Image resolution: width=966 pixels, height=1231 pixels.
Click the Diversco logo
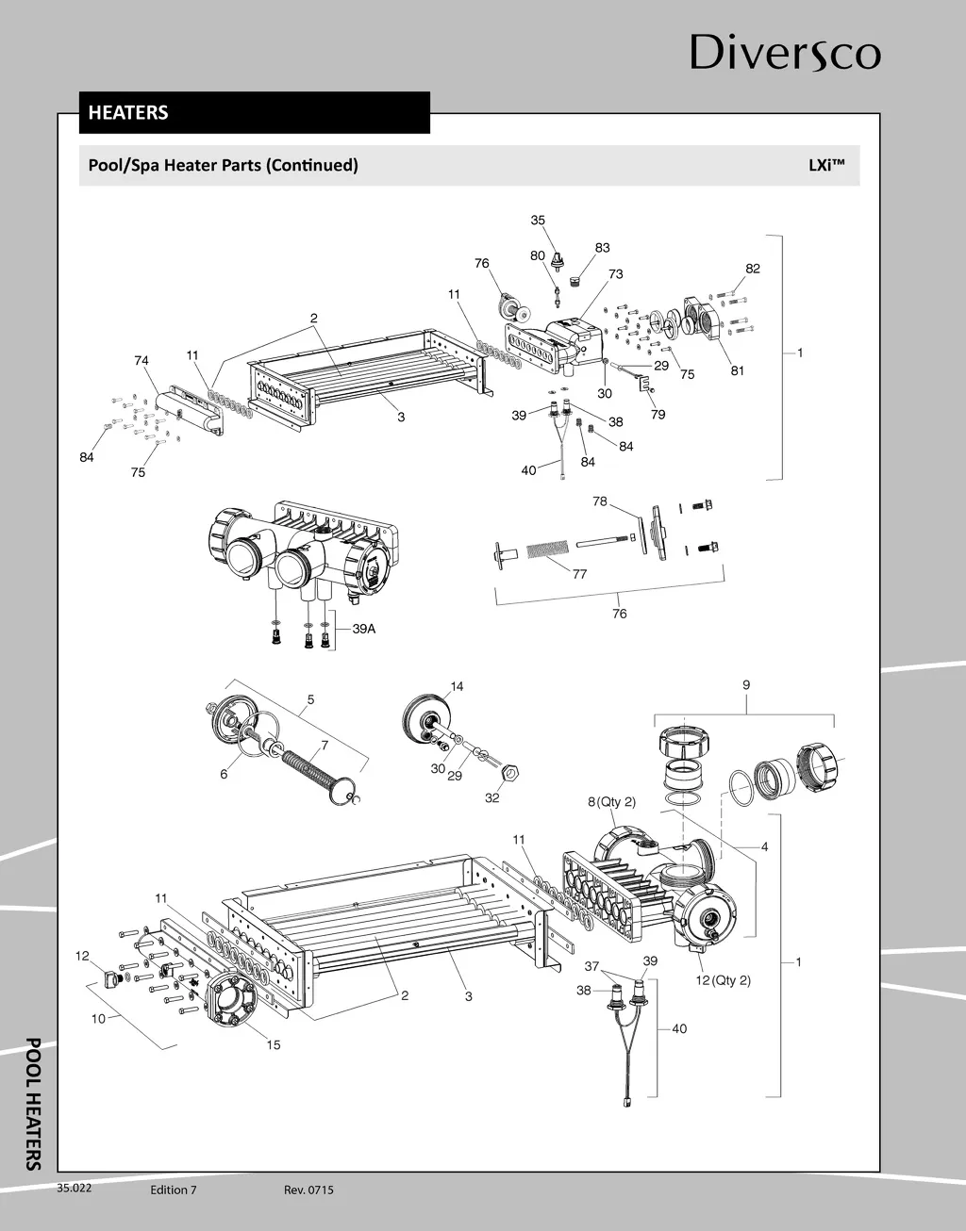[x=785, y=53]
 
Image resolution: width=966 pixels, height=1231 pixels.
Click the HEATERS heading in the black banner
[x=128, y=112]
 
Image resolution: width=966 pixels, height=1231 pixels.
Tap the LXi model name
[x=826, y=165]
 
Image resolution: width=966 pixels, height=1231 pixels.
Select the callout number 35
[x=538, y=220]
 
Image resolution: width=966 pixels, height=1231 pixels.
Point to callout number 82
[x=752, y=268]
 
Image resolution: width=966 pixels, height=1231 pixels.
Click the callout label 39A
[x=364, y=629]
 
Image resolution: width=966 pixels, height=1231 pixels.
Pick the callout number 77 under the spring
[x=579, y=574]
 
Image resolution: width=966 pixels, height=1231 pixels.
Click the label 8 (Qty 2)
[x=611, y=801]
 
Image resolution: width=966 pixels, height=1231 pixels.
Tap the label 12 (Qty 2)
[x=724, y=980]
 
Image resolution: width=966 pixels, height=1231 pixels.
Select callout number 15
[x=274, y=1044]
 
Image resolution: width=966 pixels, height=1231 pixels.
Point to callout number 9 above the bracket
[x=746, y=685]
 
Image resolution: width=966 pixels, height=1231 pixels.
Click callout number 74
[x=142, y=360]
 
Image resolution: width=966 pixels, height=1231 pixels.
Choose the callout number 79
[x=658, y=414]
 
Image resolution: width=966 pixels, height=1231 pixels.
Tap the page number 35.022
[x=75, y=1188]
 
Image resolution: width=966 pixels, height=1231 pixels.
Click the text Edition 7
[x=173, y=1190]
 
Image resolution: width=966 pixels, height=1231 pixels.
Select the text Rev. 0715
[x=308, y=1190]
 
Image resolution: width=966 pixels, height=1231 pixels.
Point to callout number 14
[x=457, y=686]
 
